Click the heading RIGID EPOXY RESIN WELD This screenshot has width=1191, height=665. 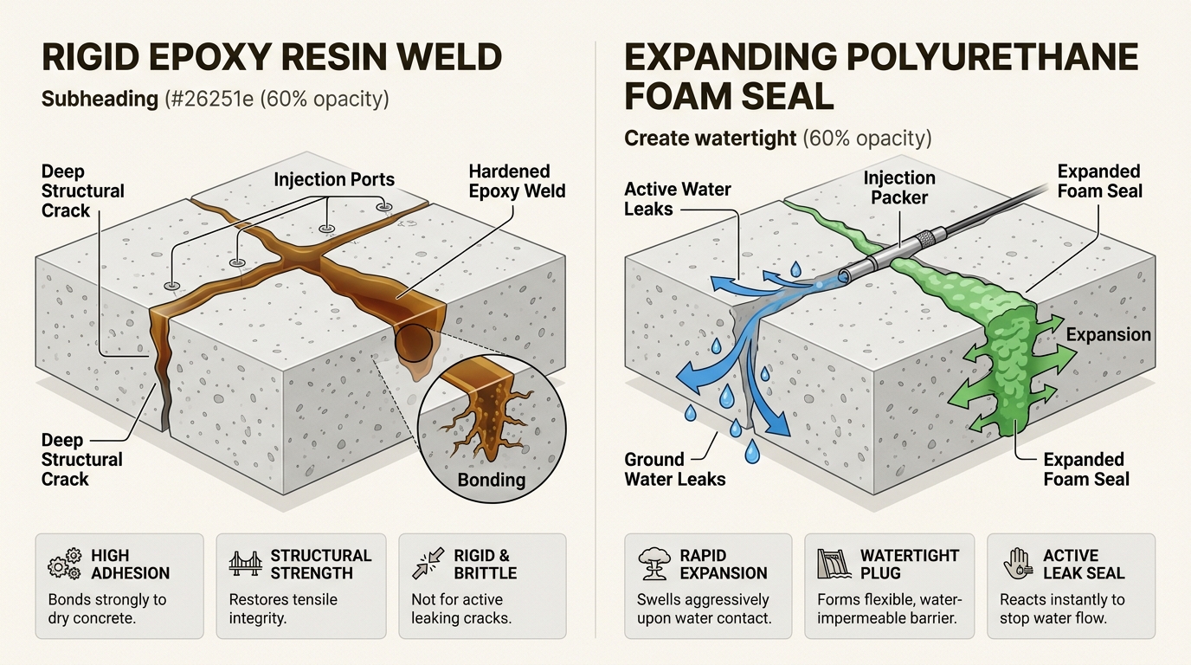coord(272,57)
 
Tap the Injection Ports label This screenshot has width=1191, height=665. coord(334,180)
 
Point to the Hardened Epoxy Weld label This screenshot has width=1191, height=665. coord(517,181)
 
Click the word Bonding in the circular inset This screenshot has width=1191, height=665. coord(492,479)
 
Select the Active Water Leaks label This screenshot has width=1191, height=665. coord(678,198)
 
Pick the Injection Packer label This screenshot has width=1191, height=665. coord(899,188)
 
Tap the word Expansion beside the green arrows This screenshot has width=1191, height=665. coord(1109,335)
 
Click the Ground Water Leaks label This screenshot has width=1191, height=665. coord(674,468)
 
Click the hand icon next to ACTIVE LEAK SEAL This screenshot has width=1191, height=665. coord(1017,564)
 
